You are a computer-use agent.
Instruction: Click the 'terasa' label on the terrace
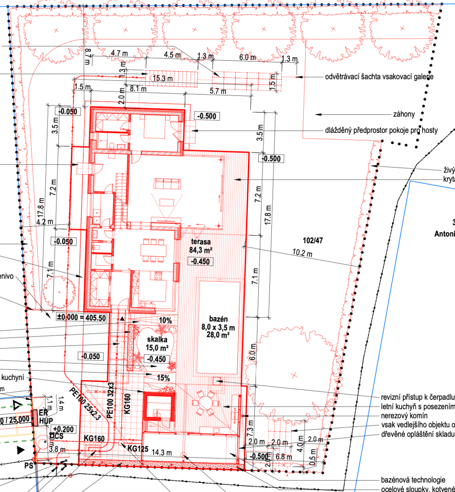point(200,242)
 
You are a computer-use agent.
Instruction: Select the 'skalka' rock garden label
point(157,340)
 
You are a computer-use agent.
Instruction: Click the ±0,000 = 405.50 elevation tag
point(81,317)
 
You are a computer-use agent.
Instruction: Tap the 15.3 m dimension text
point(163,78)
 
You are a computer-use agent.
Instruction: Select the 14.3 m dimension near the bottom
point(161,452)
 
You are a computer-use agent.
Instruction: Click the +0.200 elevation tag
point(63,429)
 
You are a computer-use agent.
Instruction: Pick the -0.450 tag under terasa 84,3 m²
point(200,262)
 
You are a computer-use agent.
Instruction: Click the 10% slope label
point(165,320)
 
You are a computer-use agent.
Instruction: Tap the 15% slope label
point(163,378)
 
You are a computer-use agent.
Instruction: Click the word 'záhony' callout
point(404,114)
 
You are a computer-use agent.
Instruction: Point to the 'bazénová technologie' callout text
point(413,480)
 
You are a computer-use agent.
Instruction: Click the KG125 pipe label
point(138,449)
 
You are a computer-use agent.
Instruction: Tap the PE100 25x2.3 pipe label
point(85,403)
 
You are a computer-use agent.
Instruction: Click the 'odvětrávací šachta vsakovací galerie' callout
point(379,77)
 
